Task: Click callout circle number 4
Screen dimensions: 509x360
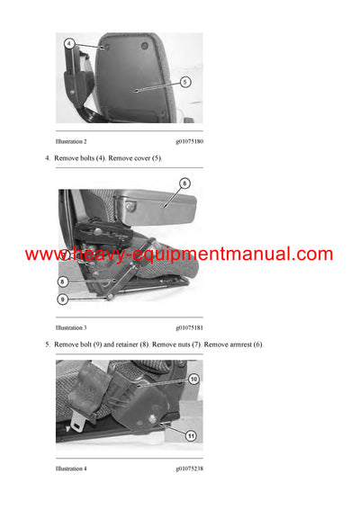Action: coord(68,42)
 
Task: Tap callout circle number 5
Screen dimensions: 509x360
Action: coord(184,81)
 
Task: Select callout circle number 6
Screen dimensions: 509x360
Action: coord(184,183)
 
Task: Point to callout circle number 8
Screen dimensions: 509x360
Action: coord(62,281)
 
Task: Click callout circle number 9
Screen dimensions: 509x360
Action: coord(62,299)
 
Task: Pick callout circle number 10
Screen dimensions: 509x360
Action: coord(193,379)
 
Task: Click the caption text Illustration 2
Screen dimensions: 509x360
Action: coord(71,141)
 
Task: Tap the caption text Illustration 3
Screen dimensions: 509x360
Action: coord(71,328)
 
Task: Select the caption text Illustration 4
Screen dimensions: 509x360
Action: coord(71,469)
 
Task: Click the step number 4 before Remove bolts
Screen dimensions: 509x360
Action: coord(48,158)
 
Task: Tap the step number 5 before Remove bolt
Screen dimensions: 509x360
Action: coord(48,345)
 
